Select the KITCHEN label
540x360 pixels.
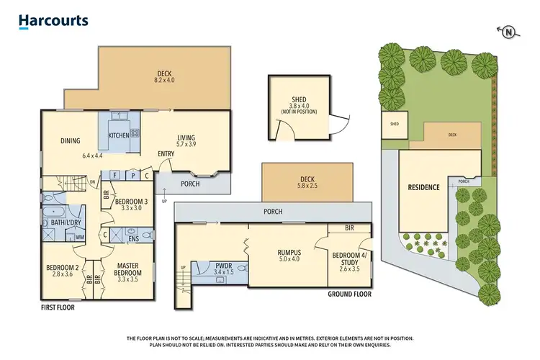click(119, 135)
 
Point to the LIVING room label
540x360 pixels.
click(186, 138)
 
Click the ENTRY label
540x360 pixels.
click(166, 153)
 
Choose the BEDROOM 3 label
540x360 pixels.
click(132, 199)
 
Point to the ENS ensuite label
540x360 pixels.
click(134, 239)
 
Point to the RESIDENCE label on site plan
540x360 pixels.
click(424, 187)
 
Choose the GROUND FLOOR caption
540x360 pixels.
click(350, 294)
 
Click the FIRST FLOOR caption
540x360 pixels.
click(58, 307)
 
